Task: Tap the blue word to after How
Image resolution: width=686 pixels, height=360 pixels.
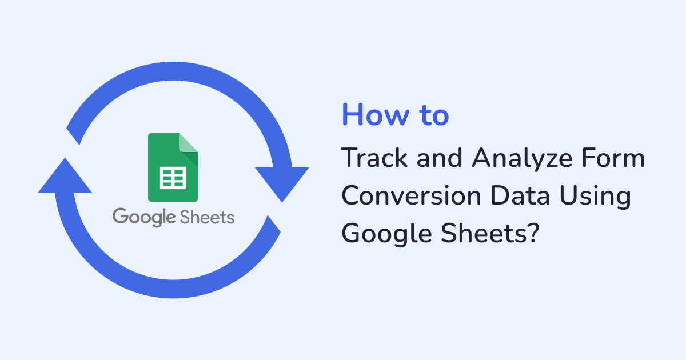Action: (x=434, y=115)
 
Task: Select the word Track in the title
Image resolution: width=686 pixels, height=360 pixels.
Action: (x=374, y=158)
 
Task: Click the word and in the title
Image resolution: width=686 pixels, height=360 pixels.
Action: (x=440, y=158)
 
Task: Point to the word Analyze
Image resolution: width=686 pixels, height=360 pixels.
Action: (x=522, y=160)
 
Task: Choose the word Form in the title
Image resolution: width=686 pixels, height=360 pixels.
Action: (x=613, y=158)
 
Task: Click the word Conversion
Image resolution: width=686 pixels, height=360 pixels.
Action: (x=411, y=195)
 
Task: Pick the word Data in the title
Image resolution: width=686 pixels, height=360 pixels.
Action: (x=520, y=195)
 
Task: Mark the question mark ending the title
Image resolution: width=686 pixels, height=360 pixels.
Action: (x=533, y=233)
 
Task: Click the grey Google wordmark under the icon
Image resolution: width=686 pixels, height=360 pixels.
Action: (x=144, y=217)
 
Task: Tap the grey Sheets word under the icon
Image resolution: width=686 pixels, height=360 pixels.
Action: (x=208, y=217)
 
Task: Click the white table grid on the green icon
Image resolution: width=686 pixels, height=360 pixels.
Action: (x=173, y=178)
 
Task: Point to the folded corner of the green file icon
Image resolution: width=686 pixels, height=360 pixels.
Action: (x=188, y=142)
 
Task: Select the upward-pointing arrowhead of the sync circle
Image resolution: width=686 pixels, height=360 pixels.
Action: (x=65, y=176)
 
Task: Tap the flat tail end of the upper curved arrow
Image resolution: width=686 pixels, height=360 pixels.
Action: (x=73, y=136)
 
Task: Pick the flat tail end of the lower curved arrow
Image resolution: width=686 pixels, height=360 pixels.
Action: (x=274, y=224)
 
